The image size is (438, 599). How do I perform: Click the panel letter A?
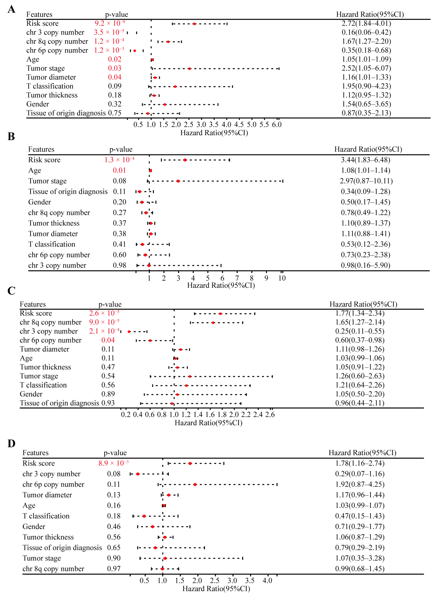click(x=11, y=9)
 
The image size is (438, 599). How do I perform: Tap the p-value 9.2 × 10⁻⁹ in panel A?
click(x=110, y=23)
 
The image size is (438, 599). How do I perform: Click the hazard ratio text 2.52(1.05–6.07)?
click(x=366, y=68)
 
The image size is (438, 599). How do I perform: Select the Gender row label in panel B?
click(x=39, y=202)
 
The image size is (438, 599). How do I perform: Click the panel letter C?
click(x=11, y=291)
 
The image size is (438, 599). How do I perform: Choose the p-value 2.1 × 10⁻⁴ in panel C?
click(x=104, y=331)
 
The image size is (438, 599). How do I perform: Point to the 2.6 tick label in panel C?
click(x=270, y=414)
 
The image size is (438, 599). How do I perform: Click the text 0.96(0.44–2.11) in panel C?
click(x=360, y=403)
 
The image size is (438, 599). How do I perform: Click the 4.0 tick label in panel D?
click(x=267, y=581)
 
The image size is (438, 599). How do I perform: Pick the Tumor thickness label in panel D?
click(x=48, y=537)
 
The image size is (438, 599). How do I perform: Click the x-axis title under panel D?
click(x=216, y=589)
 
